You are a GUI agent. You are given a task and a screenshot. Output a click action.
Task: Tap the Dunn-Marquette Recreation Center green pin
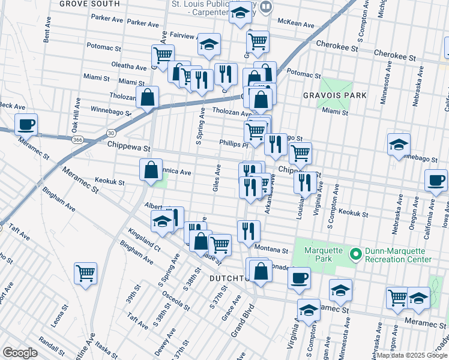coord(355,255)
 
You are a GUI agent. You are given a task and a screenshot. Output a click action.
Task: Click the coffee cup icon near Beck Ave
coord(26,125)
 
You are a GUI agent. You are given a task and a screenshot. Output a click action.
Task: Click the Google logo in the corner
coord(19,353)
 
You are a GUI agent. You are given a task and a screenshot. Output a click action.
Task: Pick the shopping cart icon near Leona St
coord(85,274)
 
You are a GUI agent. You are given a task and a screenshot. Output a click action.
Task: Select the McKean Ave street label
coord(296,25)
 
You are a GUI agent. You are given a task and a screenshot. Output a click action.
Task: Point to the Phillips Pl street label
coord(234,144)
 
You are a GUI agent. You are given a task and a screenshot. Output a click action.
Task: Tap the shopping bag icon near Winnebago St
coord(147,97)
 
